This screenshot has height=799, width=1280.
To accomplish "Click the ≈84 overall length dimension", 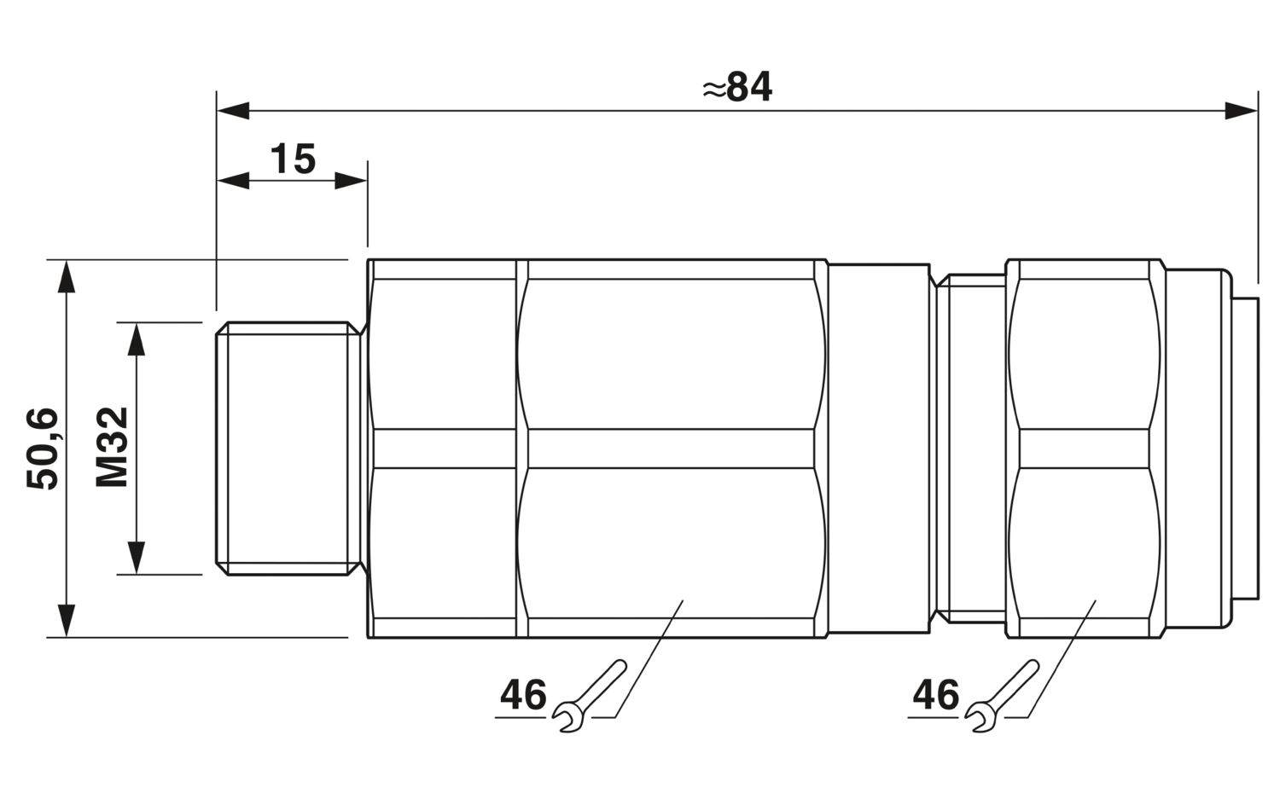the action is [x=737, y=87].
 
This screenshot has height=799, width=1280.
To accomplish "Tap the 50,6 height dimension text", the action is [x=43, y=449].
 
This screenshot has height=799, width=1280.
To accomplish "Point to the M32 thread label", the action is [x=112, y=447].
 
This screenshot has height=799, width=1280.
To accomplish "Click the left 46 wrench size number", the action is [x=523, y=695].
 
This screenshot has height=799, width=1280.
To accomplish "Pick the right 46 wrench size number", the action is [x=936, y=695].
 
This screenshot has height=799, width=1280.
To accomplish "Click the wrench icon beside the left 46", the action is [x=589, y=697].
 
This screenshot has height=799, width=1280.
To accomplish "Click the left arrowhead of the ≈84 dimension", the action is [x=233, y=111].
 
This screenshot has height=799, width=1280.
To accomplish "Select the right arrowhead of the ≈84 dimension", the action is [x=1241, y=111].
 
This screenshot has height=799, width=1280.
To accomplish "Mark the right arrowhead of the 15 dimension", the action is [x=350, y=181].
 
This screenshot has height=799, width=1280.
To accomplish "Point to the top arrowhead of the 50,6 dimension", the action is [x=67, y=276].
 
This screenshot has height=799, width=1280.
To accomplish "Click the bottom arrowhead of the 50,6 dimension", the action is [x=67, y=620].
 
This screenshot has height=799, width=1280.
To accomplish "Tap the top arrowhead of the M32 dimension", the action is [x=136, y=339].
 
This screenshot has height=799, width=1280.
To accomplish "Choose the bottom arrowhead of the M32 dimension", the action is [x=136, y=558].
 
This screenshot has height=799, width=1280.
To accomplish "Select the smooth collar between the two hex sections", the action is [x=879, y=449].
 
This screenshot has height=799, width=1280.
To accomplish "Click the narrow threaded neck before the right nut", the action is [x=970, y=449].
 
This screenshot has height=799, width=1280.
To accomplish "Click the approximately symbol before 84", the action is [x=714, y=90].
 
